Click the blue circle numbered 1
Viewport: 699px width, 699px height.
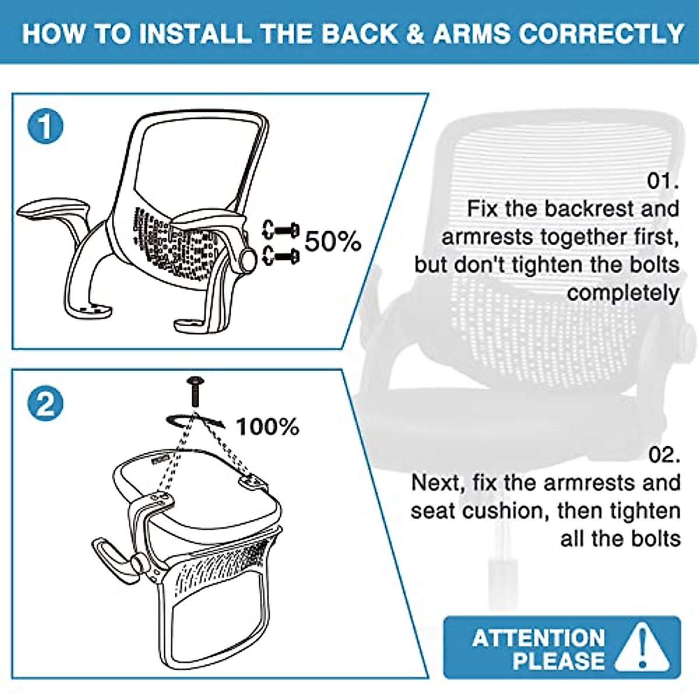45,126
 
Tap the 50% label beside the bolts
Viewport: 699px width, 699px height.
333,241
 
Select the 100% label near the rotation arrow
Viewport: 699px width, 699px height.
268,426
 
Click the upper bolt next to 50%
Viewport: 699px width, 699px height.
281,230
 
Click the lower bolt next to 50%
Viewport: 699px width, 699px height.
281,256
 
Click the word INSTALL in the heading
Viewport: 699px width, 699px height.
195,34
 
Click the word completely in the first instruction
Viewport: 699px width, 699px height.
623,293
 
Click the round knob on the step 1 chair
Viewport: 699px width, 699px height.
249,259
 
